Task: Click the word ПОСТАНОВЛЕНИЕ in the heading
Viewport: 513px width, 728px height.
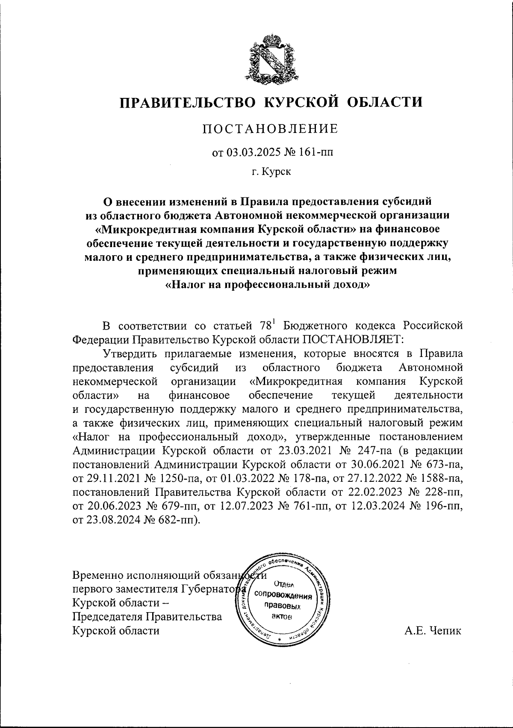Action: [x=270, y=129]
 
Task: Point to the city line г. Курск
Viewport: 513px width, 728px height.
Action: [x=271, y=172]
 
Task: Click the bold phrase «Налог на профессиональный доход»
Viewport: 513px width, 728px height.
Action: [x=267, y=284]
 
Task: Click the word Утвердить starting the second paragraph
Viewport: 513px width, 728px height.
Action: [x=131, y=354]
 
